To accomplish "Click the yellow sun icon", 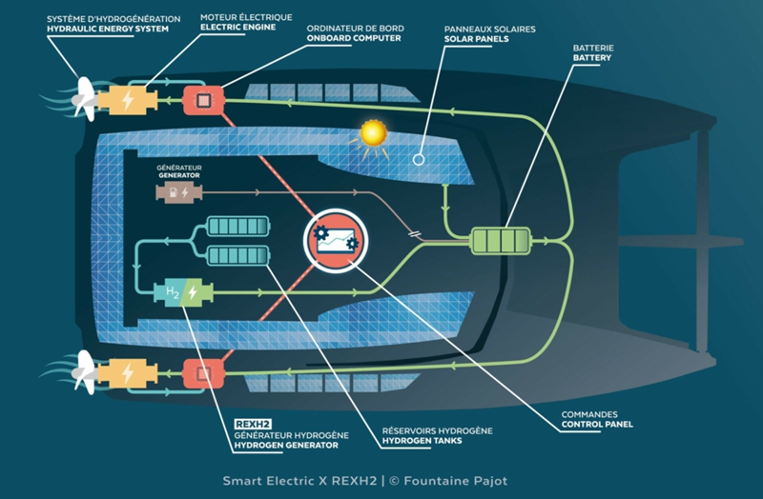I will tap(372, 135).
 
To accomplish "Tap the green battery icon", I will tap(502, 239).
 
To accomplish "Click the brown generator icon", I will tap(179, 192).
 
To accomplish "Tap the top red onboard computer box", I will tap(202, 100).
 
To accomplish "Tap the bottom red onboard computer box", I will tap(202, 372).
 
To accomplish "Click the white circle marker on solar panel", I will tap(417, 159).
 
